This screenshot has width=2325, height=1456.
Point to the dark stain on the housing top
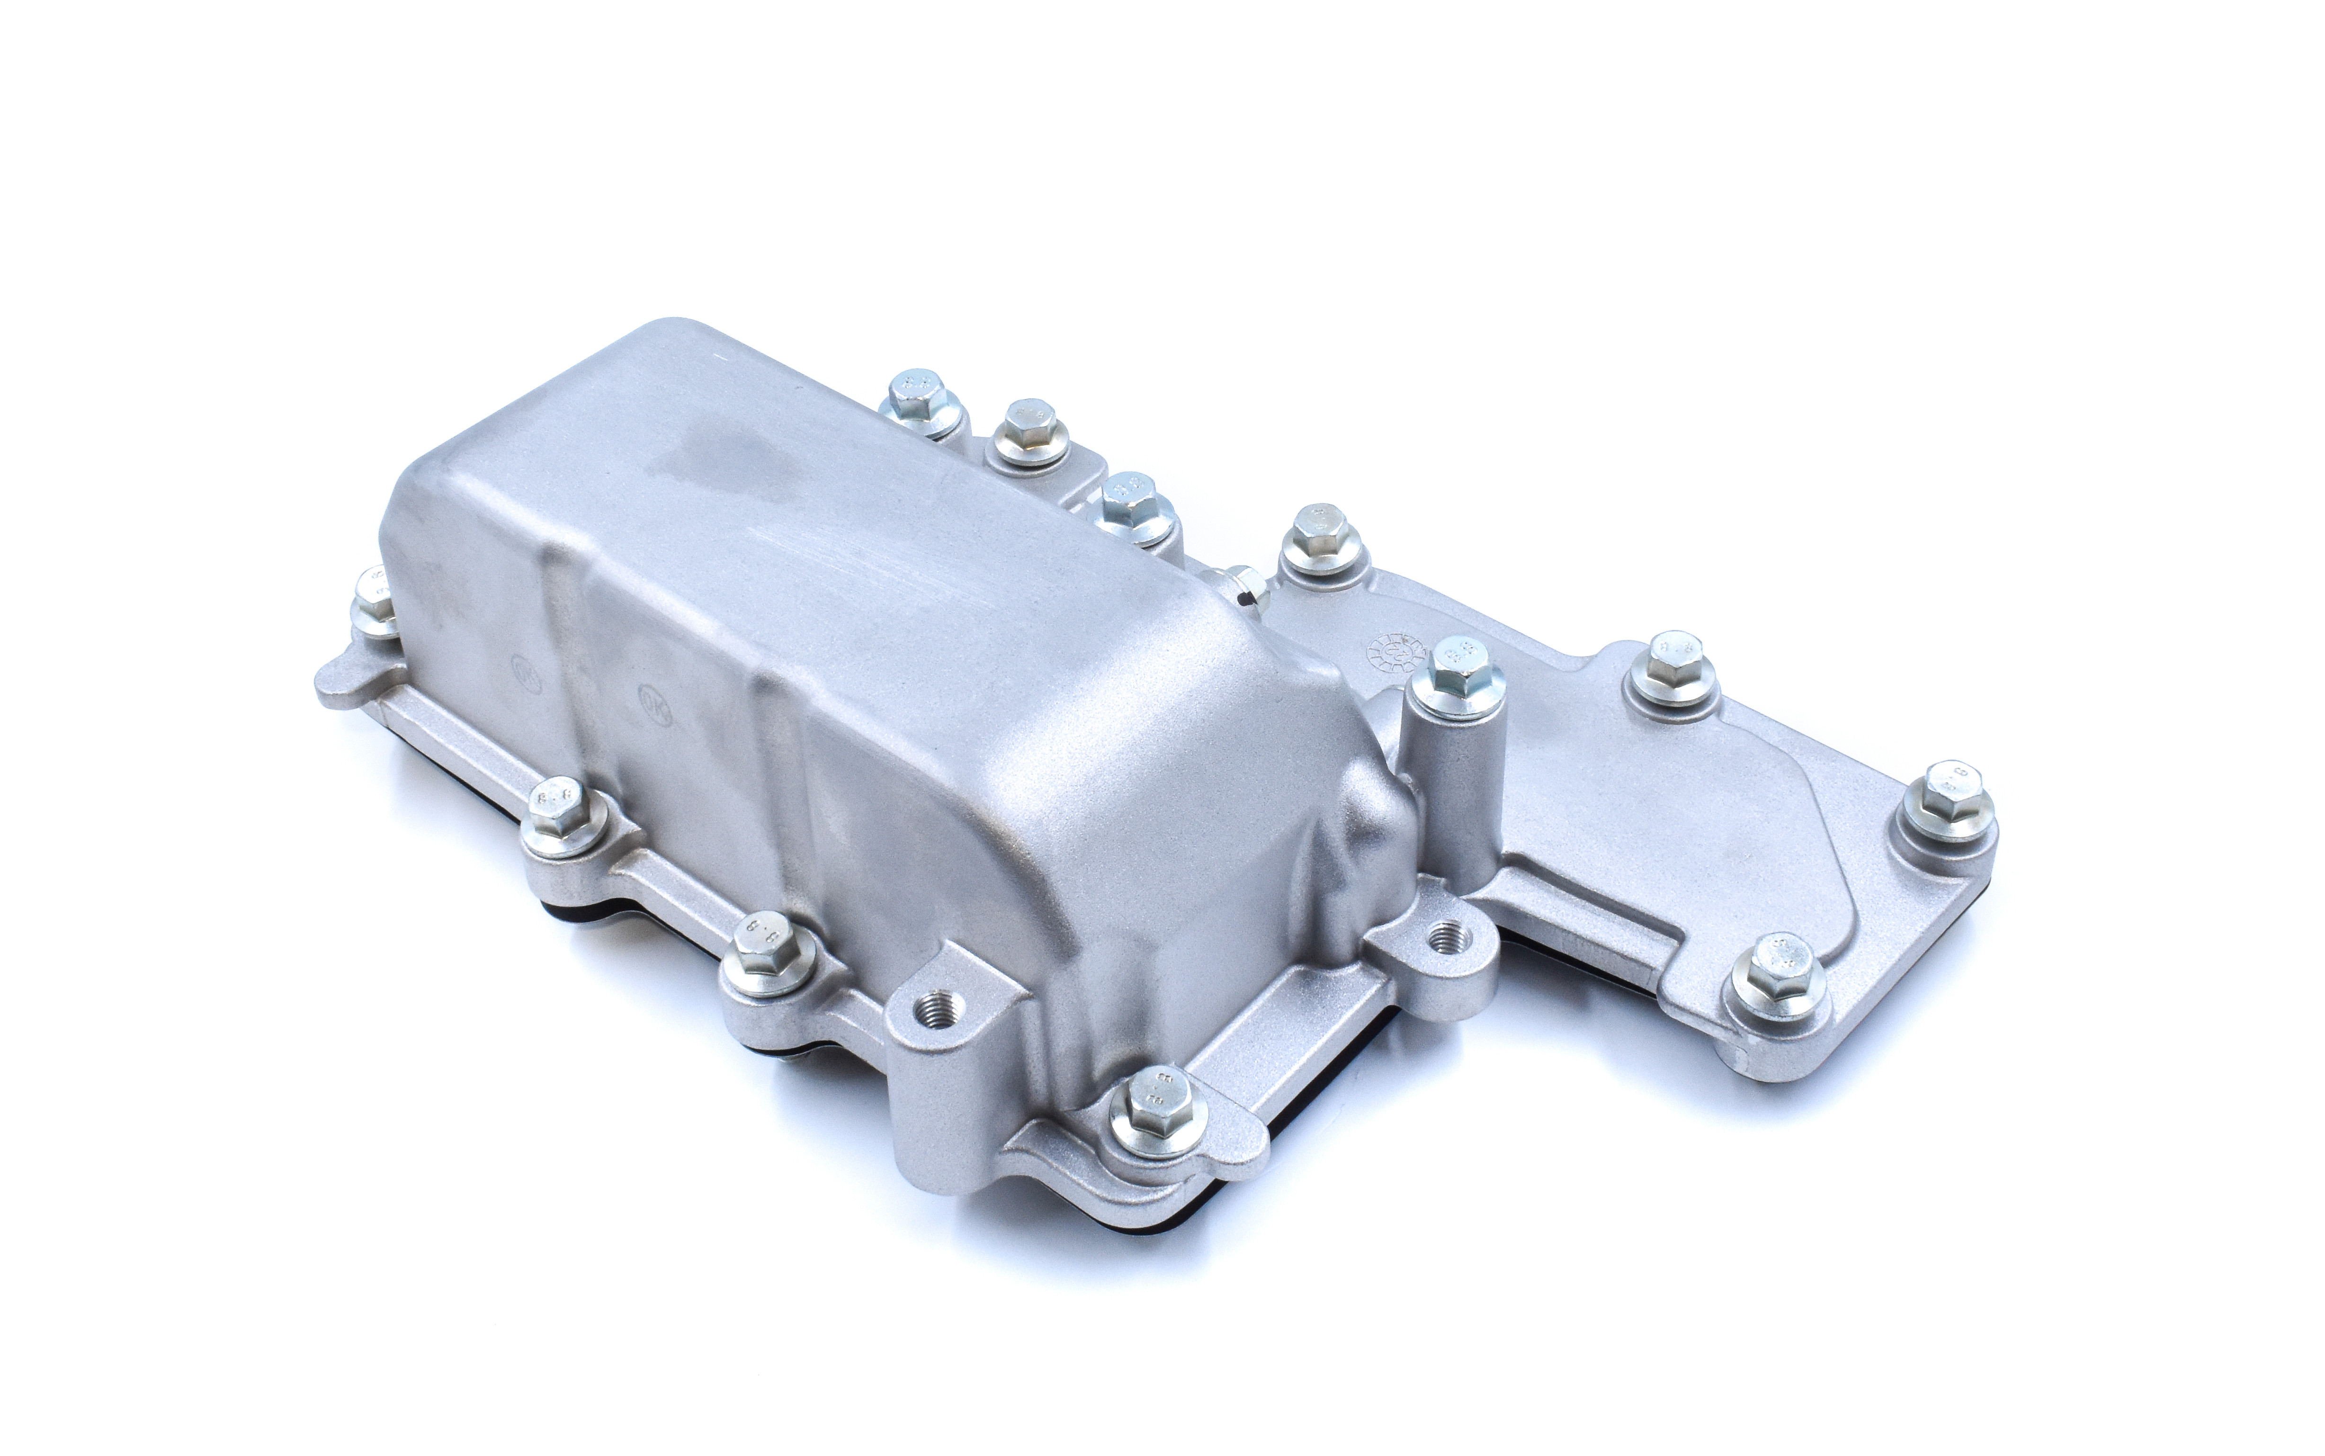tap(703, 462)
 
